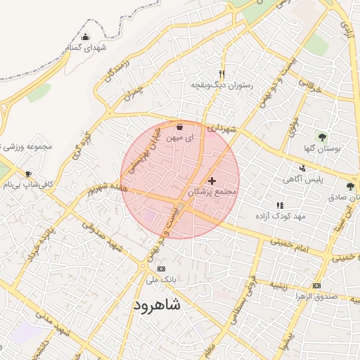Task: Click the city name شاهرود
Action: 155,305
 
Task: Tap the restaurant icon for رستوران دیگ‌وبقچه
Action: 222,74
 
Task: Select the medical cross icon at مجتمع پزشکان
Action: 212,181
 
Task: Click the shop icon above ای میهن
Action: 179,127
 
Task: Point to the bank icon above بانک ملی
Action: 161,269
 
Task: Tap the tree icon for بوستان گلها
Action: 322,137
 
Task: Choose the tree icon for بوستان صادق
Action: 349,186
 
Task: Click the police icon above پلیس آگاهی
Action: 302,167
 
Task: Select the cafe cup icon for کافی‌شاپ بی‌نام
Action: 28,174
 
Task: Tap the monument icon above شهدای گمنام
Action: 85,37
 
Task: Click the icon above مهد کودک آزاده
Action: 280,205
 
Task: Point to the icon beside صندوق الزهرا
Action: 316,285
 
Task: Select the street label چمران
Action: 131,92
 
